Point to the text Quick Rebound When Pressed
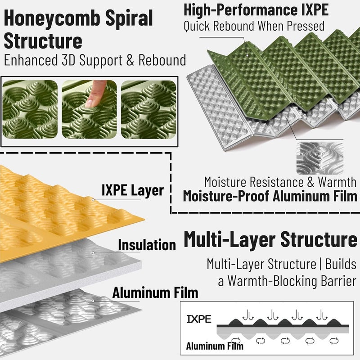tap(254, 26)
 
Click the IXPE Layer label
tap(132, 190)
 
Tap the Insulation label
tap(147, 245)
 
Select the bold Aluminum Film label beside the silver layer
tap(155, 293)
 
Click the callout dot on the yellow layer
tap(93, 200)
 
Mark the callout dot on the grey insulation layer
tap(93, 253)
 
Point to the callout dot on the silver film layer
tap(93, 301)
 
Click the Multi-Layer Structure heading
tap(270, 240)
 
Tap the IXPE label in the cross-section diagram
tap(199, 319)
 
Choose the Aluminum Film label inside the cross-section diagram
tap(215, 346)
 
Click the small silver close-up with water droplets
tap(320, 158)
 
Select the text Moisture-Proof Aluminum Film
tap(270, 196)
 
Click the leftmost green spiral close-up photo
tap(30, 109)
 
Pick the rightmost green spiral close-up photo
tap(148, 109)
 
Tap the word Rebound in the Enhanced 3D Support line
tap(162, 60)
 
